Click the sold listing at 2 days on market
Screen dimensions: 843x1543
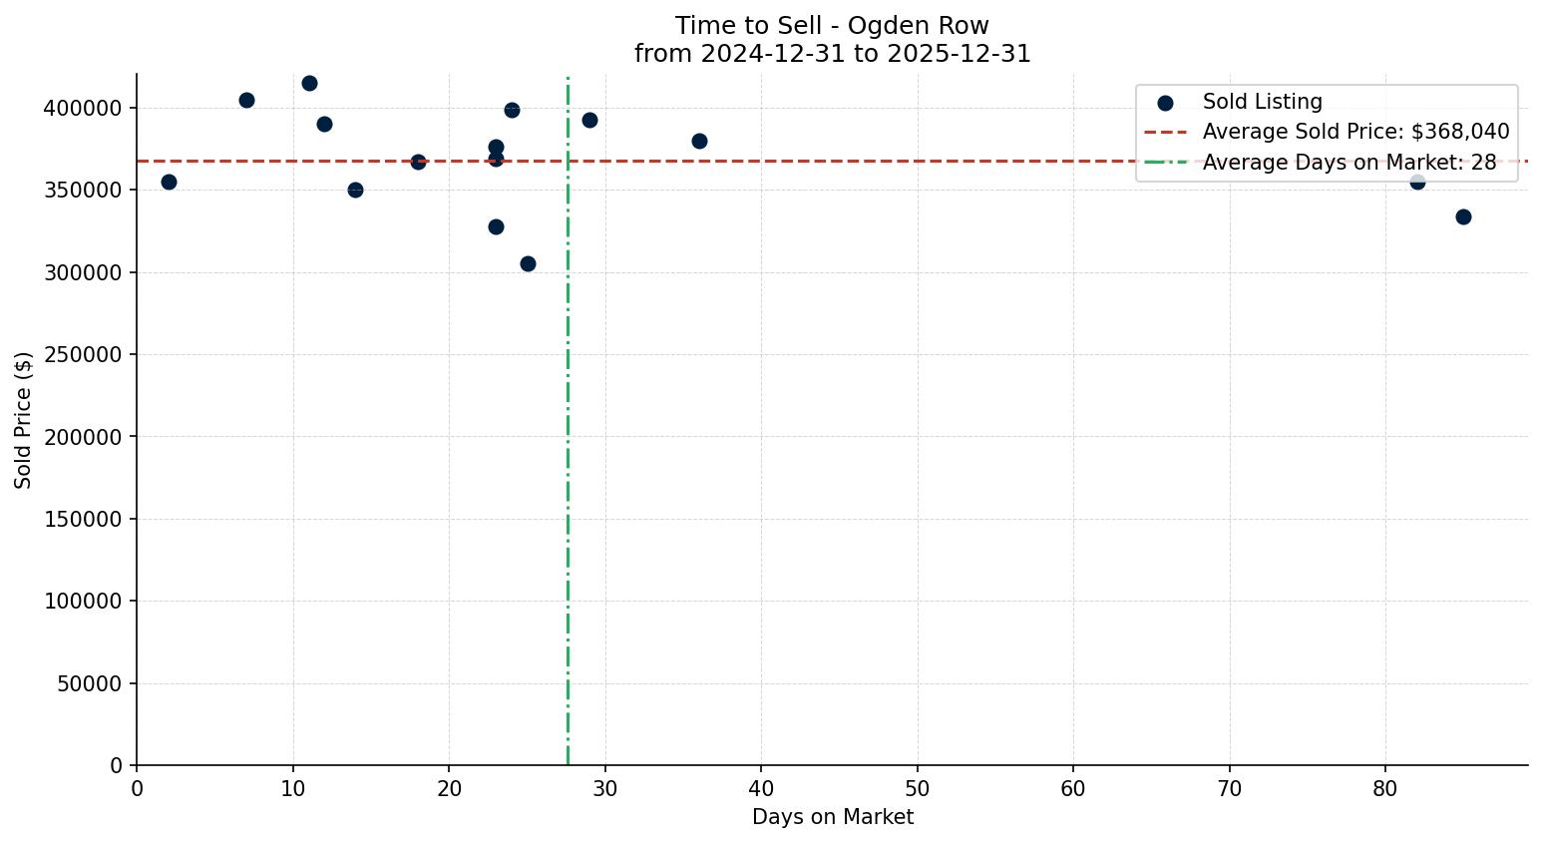click(x=169, y=182)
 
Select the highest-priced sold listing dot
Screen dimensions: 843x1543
click(x=309, y=83)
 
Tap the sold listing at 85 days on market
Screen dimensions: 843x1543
click(x=1463, y=216)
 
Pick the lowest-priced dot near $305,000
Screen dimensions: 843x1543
click(x=528, y=263)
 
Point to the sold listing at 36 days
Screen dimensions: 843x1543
click(x=699, y=141)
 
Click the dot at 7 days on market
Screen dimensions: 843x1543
click(x=246, y=100)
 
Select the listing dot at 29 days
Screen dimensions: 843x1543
click(x=589, y=120)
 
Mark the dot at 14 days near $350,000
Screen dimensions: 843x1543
click(x=355, y=190)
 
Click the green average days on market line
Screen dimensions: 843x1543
click(x=568, y=449)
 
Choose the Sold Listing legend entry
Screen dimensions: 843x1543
click(x=1262, y=102)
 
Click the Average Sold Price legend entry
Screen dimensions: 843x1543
click(x=1355, y=132)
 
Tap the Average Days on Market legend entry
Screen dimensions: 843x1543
click(x=1349, y=163)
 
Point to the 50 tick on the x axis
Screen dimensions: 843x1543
click(x=917, y=789)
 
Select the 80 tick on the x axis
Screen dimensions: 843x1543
click(x=1384, y=789)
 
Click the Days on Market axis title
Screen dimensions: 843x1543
click(x=832, y=817)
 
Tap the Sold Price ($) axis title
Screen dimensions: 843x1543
click(x=24, y=420)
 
